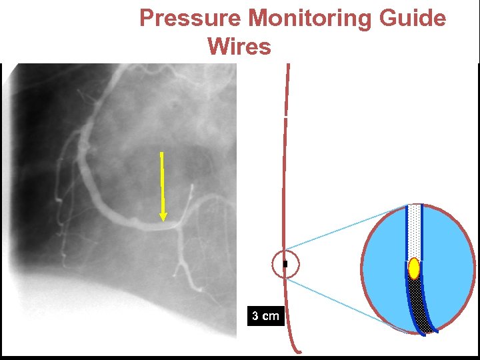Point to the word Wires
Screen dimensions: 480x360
point(239,47)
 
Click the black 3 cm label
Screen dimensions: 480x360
point(266,315)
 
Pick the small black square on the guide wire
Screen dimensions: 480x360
point(285,265)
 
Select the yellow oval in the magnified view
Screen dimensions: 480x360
point(414,268)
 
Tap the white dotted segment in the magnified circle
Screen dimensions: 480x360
point(415,230)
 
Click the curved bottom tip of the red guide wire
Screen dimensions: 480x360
point(298,351)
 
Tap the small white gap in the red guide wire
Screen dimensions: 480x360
point(285,117)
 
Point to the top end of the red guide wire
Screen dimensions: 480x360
point(288,66)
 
